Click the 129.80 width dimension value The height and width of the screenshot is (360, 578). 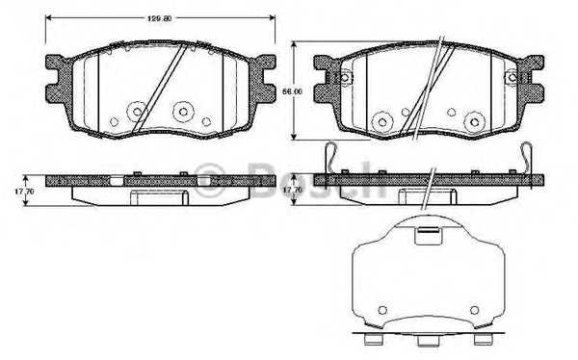coord(159,15)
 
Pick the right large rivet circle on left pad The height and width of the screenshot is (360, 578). coord(181,111)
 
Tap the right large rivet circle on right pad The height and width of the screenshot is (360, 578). coord(471,121)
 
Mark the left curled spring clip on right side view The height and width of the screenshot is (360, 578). coord(330,158)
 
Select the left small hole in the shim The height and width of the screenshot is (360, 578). coord(381,309)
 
